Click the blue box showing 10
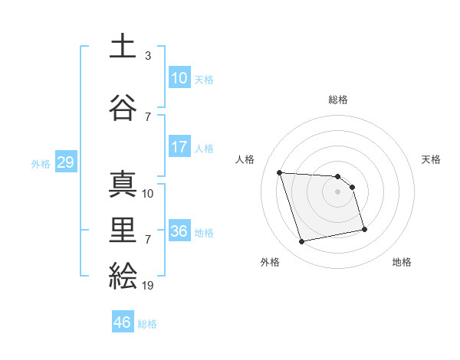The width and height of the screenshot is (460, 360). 179,78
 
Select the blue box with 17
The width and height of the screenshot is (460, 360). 179,147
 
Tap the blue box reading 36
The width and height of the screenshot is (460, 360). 179,232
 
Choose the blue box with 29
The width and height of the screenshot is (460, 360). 65,163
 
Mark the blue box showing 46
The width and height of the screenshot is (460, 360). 122,322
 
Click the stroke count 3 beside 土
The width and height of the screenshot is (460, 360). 148,56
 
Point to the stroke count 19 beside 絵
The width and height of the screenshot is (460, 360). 148,286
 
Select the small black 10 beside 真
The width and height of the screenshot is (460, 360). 148,194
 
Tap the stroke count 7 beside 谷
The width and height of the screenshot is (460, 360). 148,117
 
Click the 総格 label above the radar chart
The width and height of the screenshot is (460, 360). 338,100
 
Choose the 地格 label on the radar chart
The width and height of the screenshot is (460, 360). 402,262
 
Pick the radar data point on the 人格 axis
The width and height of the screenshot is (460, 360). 280,172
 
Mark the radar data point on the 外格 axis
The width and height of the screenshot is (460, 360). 301,242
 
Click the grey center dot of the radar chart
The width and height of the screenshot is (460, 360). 338,191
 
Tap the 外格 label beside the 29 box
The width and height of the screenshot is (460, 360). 41,164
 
